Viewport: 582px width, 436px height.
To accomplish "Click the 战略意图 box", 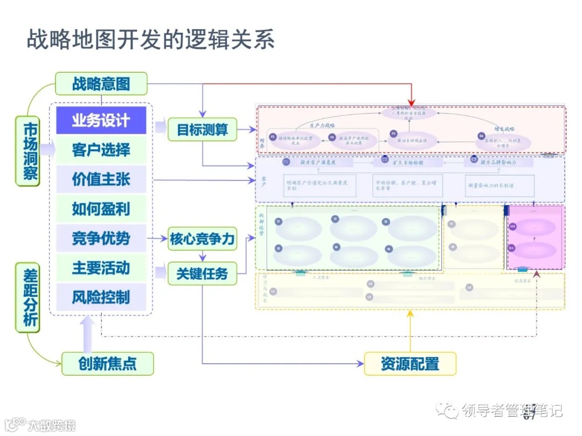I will click(x=101, y=84).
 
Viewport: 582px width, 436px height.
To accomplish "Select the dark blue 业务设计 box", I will click(x=101, y=120).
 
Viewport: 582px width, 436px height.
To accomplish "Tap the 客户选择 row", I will click(x=101, y=150).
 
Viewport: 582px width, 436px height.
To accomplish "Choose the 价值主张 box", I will click(x=101, y=179).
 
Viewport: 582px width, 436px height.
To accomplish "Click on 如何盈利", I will click(x=101, y=209).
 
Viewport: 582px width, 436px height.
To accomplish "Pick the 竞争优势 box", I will click(x=101, y=238).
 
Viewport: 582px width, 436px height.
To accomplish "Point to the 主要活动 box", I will click(x=101, y=268).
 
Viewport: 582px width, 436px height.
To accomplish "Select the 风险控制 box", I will click(x=101, y=297).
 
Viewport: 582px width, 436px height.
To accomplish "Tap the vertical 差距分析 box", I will click(x=27, y=297).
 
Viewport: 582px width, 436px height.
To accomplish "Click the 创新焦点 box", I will click(x=107, y=364).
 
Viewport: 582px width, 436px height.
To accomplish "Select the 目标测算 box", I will click(x=203, y=129).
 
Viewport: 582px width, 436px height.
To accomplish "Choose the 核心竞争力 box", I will click(x=203, y=239).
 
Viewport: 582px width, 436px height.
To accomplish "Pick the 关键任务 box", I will click(x=203, y=274).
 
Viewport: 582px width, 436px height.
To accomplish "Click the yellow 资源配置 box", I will click(x=410, y=364).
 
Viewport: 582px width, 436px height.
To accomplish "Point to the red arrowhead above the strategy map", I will click(x=412, y=102).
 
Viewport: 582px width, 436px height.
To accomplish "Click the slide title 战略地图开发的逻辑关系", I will click(x=151, y=40).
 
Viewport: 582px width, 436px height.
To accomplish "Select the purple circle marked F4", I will click(x=482, y=136).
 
